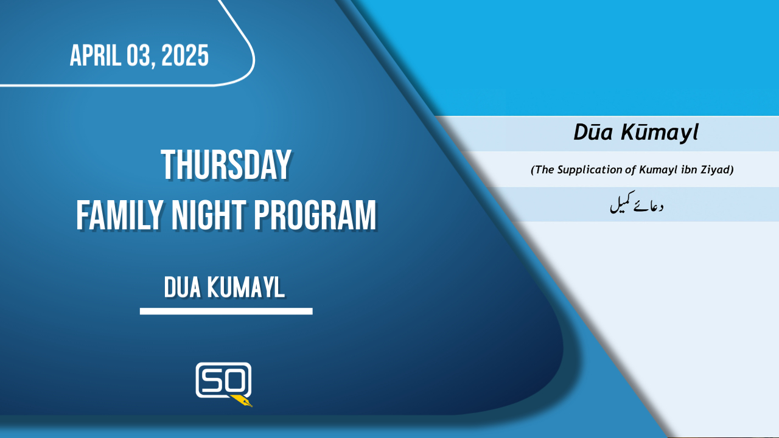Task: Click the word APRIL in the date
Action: tap(96, 55)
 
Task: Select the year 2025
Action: tap(185, 55)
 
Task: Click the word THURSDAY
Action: tap(226, 165)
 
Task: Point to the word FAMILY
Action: tap(120, 215)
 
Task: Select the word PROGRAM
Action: tap(315, 215)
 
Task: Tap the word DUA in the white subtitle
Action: tap(183, 288)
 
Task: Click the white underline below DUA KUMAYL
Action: tap(226, 311)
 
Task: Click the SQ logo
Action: tap(223, 384)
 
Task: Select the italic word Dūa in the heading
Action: tap(593, 133)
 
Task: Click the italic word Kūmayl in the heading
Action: tap(660, 133)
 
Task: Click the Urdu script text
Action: tap(637, 203)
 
